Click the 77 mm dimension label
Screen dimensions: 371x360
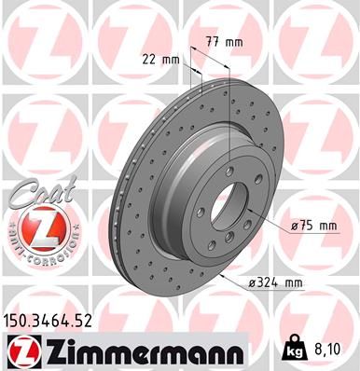(223, 42)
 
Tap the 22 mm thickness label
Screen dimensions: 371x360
(160, 60)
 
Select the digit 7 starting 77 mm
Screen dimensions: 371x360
(207, 42)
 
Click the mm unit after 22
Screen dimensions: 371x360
(170, 60)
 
